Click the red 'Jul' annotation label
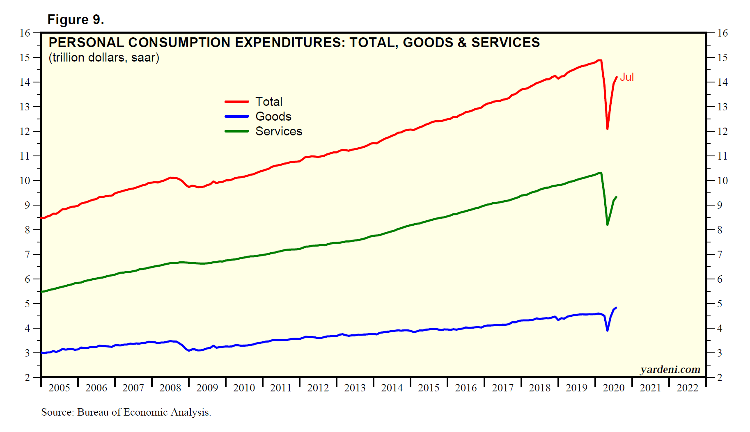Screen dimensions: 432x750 click(x=626, y=77)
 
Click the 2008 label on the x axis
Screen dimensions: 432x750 click(x=170, y=388)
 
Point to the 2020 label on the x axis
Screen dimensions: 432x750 click(x=613, y=388)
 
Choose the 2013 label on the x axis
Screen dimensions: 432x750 click(x=355, y=388)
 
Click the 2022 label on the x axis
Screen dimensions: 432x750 click(x=687, y=388)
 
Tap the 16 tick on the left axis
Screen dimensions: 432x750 click(x=25, y=33)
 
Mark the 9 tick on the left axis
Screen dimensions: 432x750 click(x=28, y=205)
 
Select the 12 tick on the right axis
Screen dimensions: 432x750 click(x=722, y=131)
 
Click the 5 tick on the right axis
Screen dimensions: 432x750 click(x=720, y=304)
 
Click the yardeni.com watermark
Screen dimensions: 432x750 click(x=670, y=370)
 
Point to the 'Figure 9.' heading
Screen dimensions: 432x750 click(x=76, y=20)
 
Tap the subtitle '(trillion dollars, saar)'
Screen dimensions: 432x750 click(x=104, y=57)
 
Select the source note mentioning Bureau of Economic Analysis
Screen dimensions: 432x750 click(x=126, y=412)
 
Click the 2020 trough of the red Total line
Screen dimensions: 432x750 click(x=607, y=129)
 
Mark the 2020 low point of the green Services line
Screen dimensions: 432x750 click(x=607, y=224)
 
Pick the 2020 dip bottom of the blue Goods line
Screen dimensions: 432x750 click(x=607, y=330)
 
